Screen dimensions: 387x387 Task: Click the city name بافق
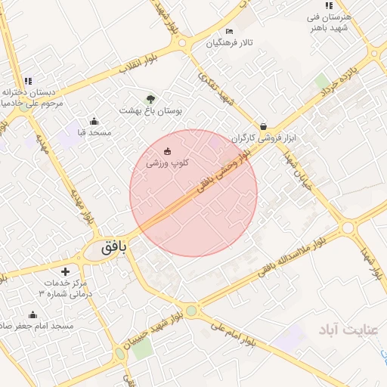pyautogui.click(x=110, y=246)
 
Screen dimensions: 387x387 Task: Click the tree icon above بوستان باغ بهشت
pyautogui.click(x=150, y=99)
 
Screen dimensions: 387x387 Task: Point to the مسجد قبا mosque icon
pyautogui.click(x=94, y=122)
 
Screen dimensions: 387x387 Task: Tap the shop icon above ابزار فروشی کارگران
pyautogui.click(x=263, y=126)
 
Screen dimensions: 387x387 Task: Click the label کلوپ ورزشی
pyautogui.click(x=167, y=163)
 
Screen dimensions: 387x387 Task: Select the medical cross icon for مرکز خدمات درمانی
pyautogui.click(x=65, y=271)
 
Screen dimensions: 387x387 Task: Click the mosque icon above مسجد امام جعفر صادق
pyautogui.click(x=33, y=314)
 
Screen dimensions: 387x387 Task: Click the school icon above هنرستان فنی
pyautogui.click(x=329, y=6)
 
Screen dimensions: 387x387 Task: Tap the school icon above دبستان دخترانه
pyautogui.click(x=28, y=81)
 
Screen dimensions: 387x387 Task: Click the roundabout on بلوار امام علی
pyautogui.click(x=192, y=310)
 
